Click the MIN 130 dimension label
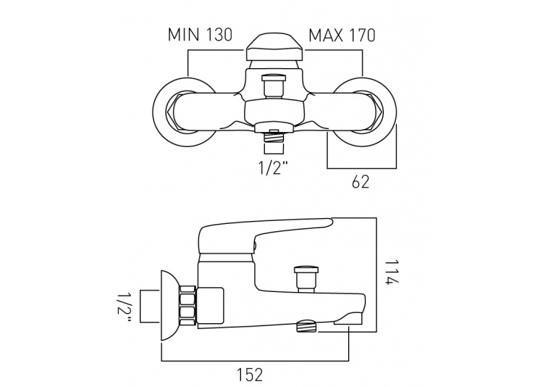click(200, 35)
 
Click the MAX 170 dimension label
click(342, 36)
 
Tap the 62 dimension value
click(361, 182)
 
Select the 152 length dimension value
click(250, 375)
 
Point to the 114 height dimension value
click(392, 272)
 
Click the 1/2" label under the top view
click(273, 168)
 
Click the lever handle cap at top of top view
click(274, 46)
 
